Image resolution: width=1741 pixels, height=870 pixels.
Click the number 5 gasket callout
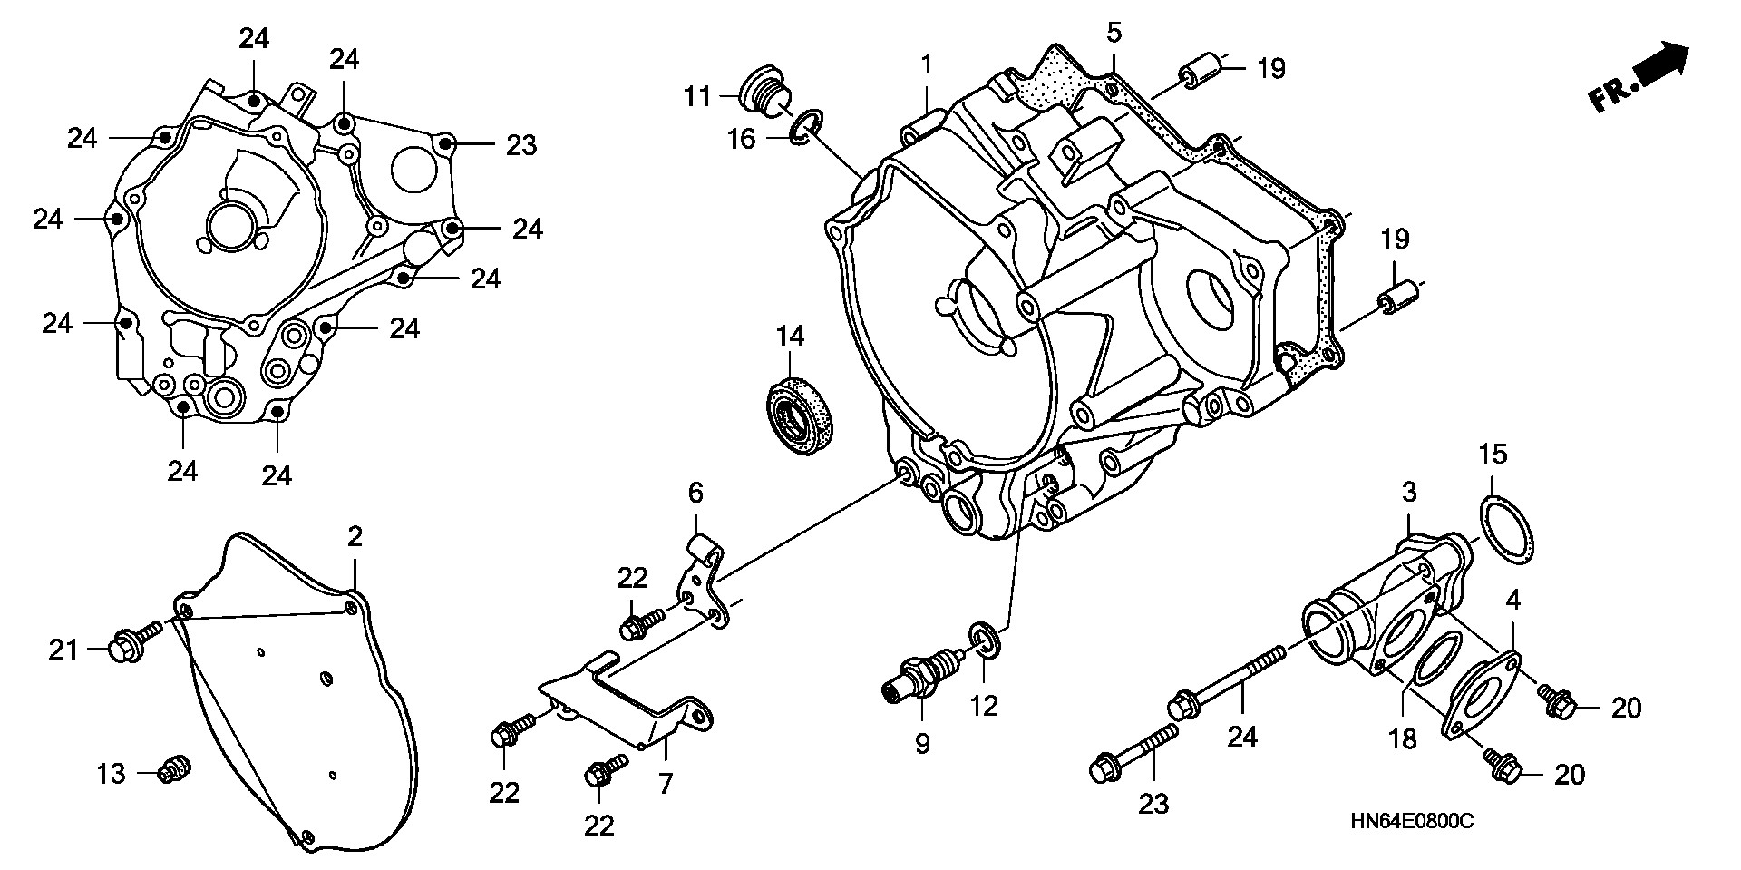coord(1114,33)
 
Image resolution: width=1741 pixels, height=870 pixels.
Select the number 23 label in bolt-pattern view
coord(521,145)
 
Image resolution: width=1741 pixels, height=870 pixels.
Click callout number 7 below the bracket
coord(666,784)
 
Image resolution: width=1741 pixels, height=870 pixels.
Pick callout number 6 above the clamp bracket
coord(695,494)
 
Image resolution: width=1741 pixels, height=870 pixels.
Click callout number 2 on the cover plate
coord(355,537)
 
